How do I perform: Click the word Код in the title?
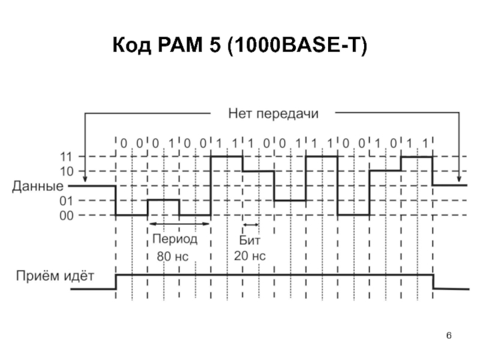click(132, 46)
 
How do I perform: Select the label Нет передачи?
click(274, 113)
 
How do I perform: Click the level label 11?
click(67, 157)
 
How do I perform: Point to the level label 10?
click(67, 172)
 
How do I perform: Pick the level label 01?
click(67, 201)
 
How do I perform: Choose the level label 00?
click(67, 215)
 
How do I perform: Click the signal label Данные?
click(38, 187)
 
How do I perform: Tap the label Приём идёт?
click(55, 276)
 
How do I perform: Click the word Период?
click(175, 239)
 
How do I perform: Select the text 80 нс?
click(172, 257)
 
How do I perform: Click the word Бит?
click(250, 241)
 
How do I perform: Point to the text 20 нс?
click(250, 256)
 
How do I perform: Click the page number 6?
click(449, 335)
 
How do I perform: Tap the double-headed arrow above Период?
click(179, 224)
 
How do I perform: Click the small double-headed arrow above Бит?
click(251, 224)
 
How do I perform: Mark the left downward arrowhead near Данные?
click(85, 179)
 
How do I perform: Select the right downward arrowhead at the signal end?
click(459, 179)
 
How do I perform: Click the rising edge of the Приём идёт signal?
click(116, 281)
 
